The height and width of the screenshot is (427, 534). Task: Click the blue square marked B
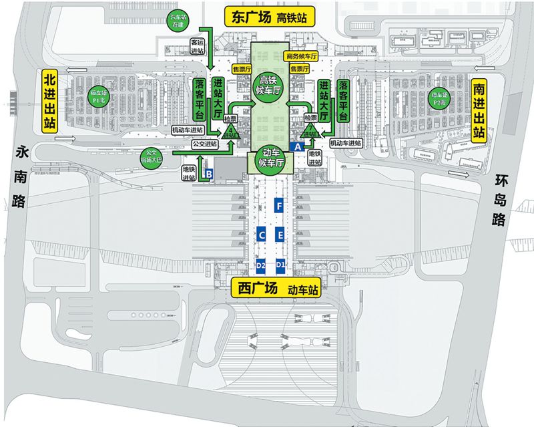208,174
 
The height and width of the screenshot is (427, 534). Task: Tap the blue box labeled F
280,207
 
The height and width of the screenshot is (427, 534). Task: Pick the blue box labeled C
262,235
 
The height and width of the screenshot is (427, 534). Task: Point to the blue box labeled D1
281,265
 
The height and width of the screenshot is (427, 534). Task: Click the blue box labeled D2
262,265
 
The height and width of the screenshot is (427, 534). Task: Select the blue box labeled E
281,235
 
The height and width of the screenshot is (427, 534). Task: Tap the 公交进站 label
204,143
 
